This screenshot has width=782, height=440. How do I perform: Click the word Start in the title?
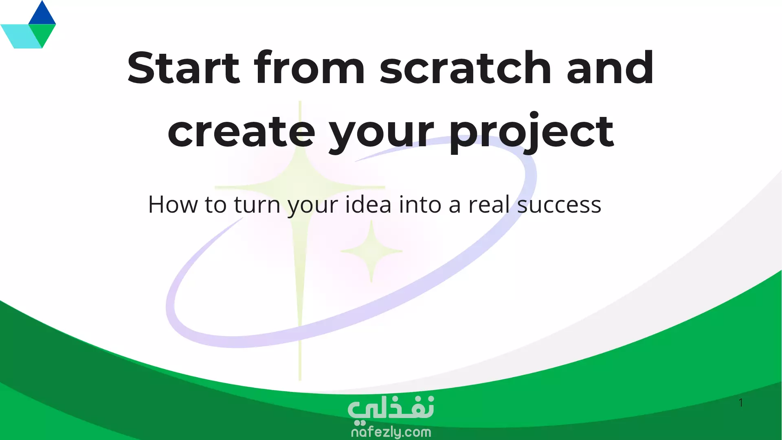(184, 68)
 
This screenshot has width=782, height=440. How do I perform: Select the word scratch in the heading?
(466, 68)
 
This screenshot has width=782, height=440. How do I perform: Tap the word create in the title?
(242, 131)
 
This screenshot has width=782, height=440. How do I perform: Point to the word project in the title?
(532, 132)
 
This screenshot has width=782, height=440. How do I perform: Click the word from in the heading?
(310, 68)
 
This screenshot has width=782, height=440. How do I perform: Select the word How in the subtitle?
(173, 204)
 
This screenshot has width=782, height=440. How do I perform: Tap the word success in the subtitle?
(559, 205)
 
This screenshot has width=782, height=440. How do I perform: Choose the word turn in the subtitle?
(257, 205)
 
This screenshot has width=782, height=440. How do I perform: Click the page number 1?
(741, 403)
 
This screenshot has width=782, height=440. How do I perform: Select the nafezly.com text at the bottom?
(391, 432)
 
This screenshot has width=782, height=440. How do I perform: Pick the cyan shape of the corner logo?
(20, 36)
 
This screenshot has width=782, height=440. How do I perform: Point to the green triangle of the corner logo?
(42, 33)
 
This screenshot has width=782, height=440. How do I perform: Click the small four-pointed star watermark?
(371, 251)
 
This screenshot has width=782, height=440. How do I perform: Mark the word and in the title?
(610, 68)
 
